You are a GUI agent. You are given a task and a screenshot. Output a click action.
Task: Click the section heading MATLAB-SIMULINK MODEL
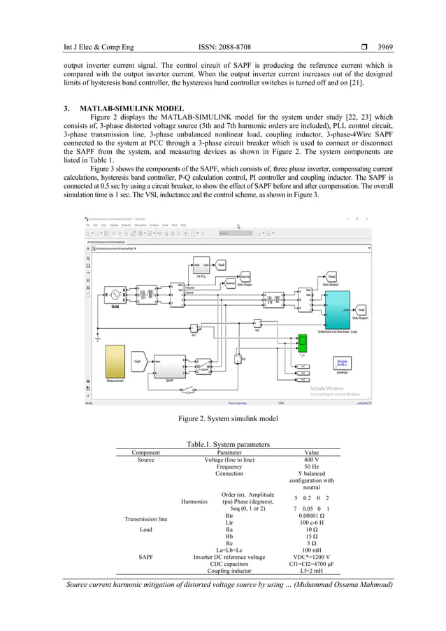click(x=130, y=109)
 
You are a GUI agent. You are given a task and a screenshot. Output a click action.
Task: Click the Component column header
click(x=146, y=453)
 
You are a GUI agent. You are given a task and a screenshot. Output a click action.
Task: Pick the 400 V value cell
click(x=311, y=460)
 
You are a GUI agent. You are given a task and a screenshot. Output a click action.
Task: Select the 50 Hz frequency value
click(x=311, y=468)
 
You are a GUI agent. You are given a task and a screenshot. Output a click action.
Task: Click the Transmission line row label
click(x=145, y=520)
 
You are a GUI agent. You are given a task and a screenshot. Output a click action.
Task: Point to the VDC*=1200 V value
click(x=311, y=557)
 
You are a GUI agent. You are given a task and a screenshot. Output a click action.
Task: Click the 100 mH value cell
click(x=311, y=550)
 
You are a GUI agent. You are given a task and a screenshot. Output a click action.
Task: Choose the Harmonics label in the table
click(x=194, y=501)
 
